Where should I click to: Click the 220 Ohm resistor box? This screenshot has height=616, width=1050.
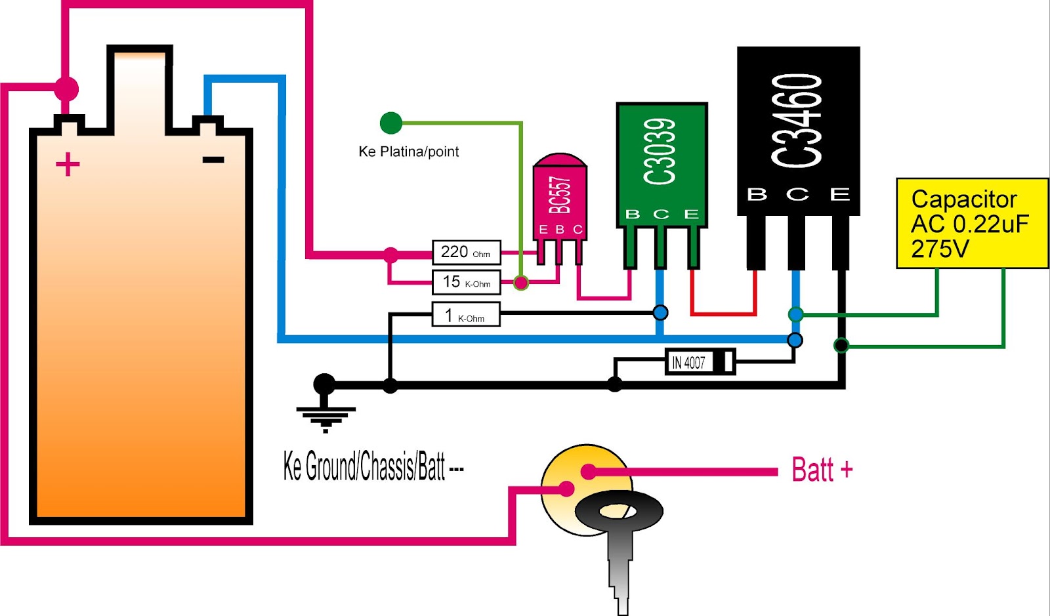[x=466, y=253]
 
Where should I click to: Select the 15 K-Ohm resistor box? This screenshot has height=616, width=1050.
[x=466, y=282]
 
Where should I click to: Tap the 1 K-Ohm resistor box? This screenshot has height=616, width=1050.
[x=466, y=315]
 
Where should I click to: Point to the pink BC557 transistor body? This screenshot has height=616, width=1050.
[x=560, y=197]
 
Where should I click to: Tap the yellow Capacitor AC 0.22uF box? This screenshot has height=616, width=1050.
[x=972, y=223]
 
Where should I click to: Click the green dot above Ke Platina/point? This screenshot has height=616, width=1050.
[x=391, y=123]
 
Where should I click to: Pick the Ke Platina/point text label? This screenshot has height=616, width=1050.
[x=408, y=152]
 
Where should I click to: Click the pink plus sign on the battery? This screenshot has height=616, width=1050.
[x=68, y=164]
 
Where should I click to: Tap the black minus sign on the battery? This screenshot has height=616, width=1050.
[x=213, y=159]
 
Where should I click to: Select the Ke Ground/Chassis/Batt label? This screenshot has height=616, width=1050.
[x=373, y=467]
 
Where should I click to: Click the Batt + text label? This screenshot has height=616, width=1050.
[x=822, y=470]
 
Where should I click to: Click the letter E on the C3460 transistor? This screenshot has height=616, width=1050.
[x=840, y=194]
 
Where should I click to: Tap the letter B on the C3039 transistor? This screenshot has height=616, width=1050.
[x=633, y=214]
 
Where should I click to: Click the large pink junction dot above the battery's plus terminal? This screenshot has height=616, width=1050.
[x=66, y=88]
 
